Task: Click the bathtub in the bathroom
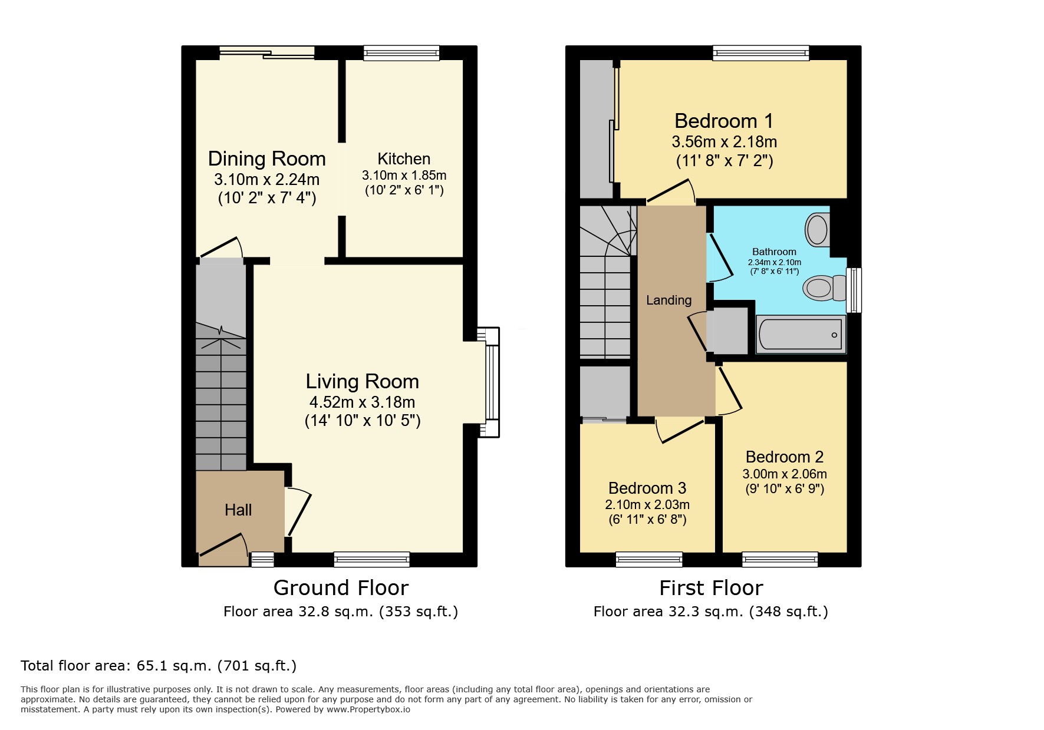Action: point(801,335)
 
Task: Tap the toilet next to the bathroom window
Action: point(819,288)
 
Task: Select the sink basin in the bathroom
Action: point(817,229)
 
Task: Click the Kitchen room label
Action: point(404,159)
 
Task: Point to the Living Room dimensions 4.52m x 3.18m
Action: point(362,402)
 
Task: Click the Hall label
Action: point(238,510)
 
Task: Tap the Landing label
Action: point(668,300)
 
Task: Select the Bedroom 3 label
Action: point(647,488)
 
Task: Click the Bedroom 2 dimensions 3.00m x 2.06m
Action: point(784,474)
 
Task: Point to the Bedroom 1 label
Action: point(723,121)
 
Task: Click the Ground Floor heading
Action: point(341,588)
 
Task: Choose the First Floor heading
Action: point(711,588)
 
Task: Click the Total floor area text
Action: point(159,666)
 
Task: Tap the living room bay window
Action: point(492,382)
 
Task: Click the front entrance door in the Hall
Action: point(223,546)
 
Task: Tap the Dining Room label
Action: point(266,159)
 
